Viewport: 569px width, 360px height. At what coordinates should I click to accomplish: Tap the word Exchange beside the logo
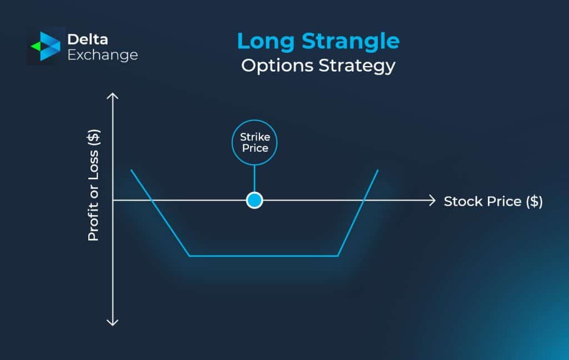102,55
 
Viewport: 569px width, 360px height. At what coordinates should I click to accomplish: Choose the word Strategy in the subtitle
357,66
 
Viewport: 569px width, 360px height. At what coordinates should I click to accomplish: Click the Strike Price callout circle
254,142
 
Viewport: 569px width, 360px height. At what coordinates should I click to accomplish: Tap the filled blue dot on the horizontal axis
254,201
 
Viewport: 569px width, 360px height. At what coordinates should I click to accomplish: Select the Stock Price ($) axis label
493,201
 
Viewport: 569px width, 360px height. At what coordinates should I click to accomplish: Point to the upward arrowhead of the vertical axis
113,97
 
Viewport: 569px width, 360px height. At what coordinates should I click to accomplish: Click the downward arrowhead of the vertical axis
113,322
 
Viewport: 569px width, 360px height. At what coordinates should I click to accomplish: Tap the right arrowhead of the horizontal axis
431,201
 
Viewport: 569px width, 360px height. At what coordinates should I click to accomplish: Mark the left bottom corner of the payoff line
189,256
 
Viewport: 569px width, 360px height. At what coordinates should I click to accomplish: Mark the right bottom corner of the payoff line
338,256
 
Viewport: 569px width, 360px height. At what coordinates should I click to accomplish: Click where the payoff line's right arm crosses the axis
363,201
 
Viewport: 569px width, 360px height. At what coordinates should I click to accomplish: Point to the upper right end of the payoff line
378,170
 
